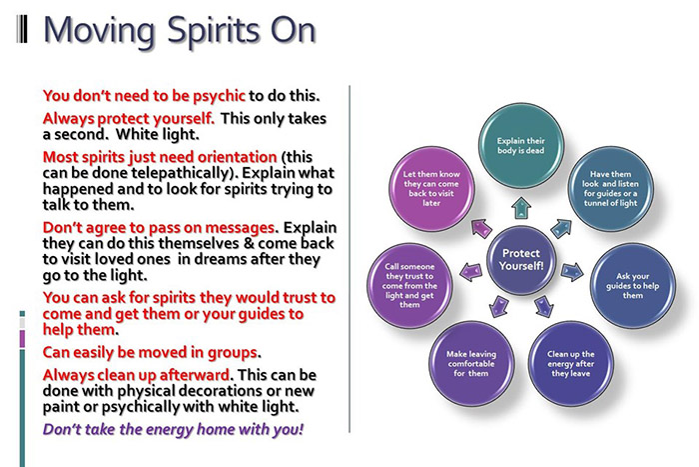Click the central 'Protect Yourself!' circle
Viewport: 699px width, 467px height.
tap(520, 260)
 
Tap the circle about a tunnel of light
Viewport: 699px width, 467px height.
tap(603, 186)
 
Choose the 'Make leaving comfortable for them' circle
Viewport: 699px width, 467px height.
tap(470, 361)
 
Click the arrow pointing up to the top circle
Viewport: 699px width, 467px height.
tap(520, 207)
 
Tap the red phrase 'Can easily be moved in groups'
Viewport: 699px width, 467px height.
tap(151, 352)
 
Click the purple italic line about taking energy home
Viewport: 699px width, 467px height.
tap(173, 429)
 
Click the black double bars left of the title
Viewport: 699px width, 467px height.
tap(23, 30)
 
